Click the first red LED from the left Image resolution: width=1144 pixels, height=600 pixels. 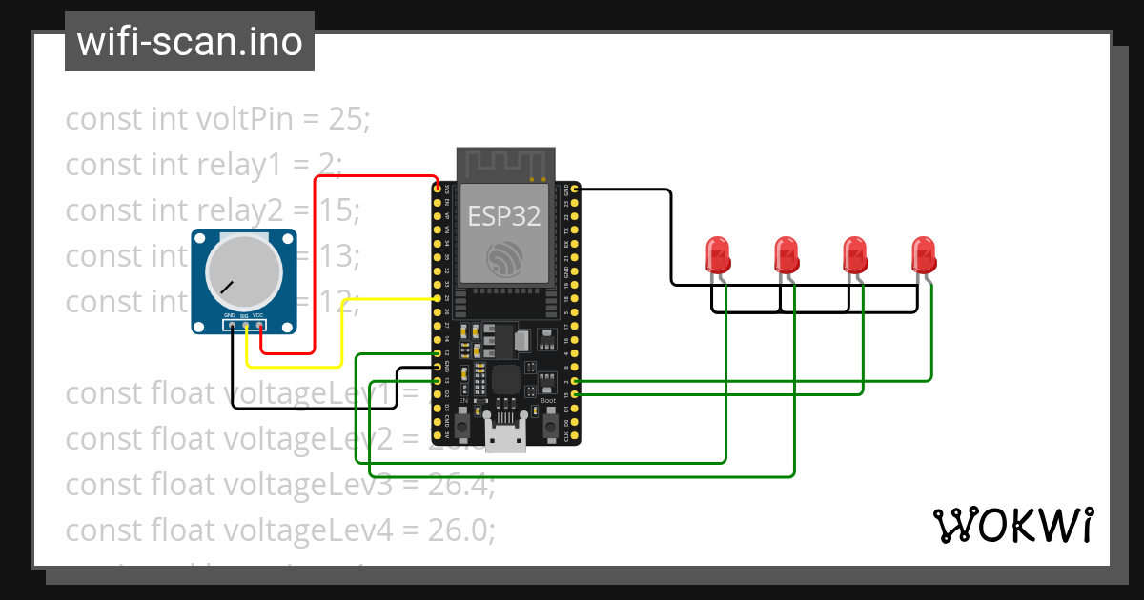[x=717, y=253]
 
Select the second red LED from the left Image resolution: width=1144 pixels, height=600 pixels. [x=786, y=253]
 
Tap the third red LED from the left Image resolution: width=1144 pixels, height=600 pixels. [x=854, y=253]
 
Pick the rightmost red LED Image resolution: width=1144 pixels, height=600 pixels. [x=923, y=253]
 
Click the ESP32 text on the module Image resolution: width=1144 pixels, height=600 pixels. [x=504, y=216]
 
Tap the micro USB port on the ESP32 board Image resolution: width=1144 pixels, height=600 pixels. [x=505, y=437]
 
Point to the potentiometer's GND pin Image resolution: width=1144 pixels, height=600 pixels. [x=231, y=326]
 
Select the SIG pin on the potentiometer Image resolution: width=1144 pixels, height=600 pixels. [x=245, y=326]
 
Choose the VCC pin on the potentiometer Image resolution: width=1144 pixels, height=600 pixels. [x=259, y=326]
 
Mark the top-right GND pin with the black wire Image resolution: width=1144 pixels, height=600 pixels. [x=574, y=190]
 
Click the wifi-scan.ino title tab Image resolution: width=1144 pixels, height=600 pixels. [x=190, y=42]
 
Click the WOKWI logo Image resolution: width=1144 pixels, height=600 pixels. [x=1012, y=525]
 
